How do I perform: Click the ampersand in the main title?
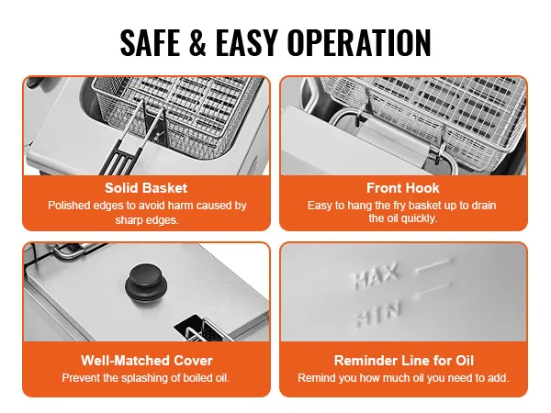(197, 42)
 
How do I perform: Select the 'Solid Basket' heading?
(146, 188)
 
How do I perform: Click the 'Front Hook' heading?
(403, 188)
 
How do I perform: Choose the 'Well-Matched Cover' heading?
(147, 361)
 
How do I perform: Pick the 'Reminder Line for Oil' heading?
(404, 361)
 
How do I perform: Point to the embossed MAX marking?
(377, 275)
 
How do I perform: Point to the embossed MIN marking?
(378, 314)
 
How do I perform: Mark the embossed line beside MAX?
(433, 265)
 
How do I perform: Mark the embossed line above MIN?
(433, 290)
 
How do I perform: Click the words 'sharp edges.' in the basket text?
(147, 220)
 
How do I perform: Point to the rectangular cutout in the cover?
(193, 328)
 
